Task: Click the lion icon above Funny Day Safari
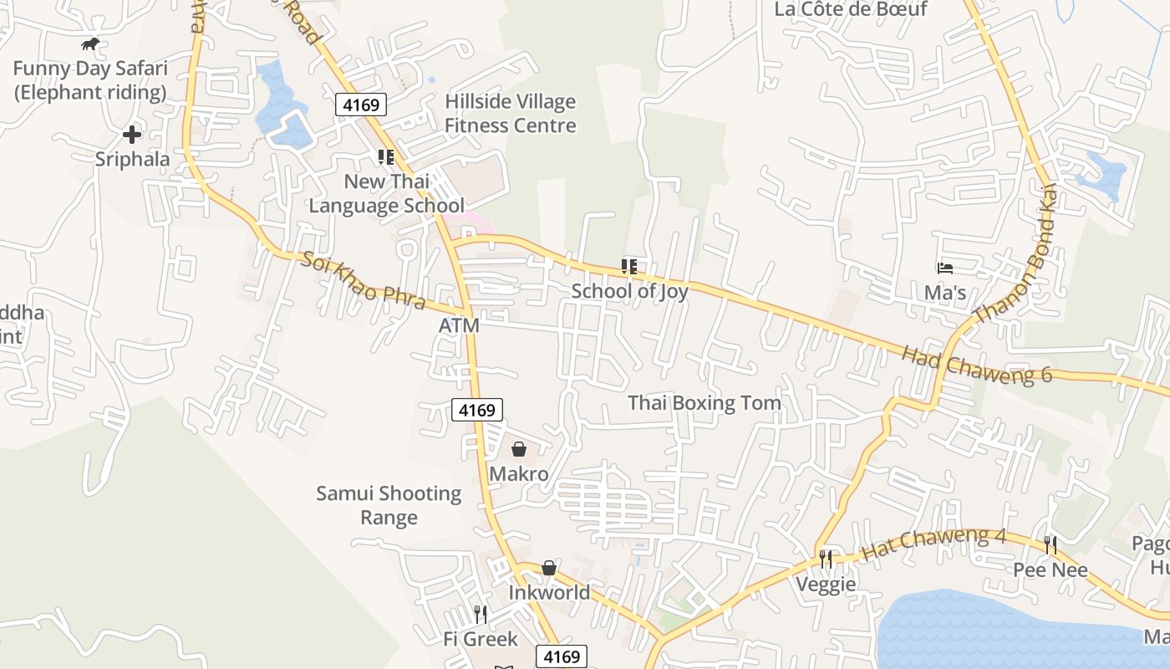89,43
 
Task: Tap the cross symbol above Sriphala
132,134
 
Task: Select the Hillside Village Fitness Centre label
510,113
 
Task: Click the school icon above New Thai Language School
385,156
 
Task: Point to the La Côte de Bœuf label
851,9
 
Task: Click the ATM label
459,325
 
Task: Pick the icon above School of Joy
629,267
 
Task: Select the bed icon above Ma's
945,268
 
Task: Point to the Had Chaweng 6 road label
976,365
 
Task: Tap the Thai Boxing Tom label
705,403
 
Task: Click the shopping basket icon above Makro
519,450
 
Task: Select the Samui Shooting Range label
389,505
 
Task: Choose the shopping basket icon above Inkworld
549,569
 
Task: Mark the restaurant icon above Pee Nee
1050,545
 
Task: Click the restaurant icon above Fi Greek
481,615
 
